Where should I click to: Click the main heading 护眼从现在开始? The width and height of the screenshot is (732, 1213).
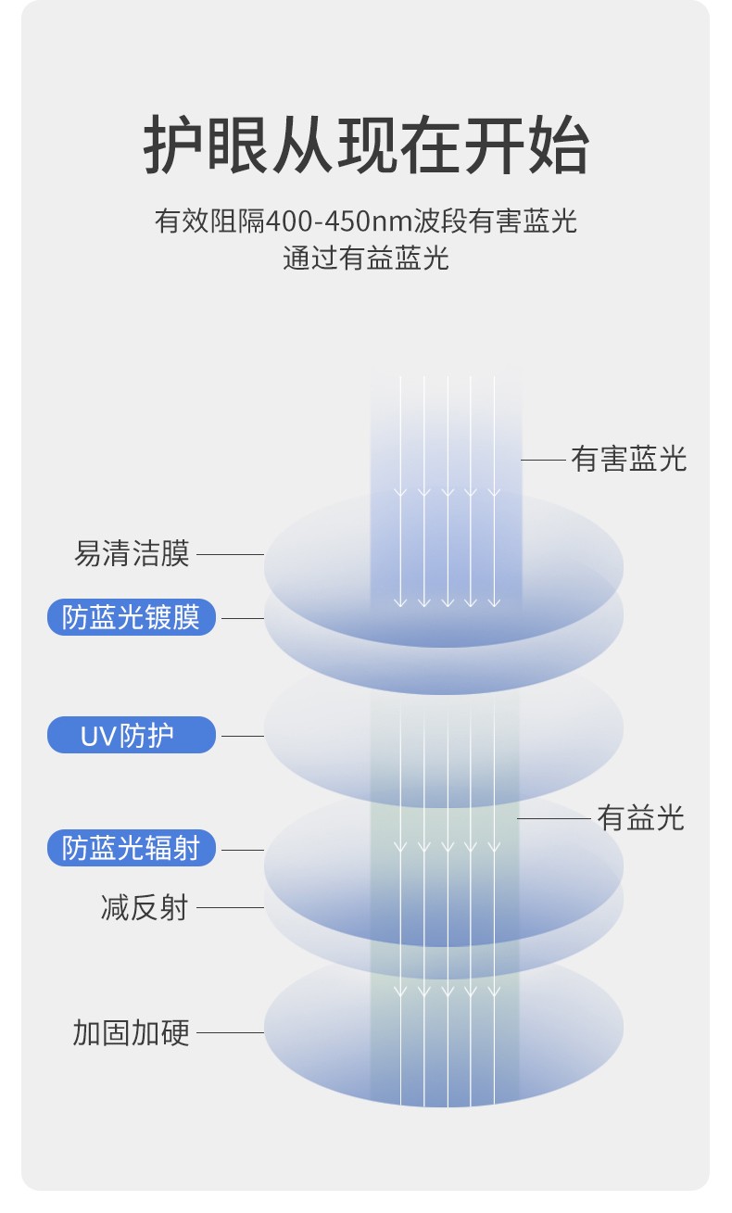point(366,145)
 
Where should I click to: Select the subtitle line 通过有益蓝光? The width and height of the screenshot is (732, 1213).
point(366,258)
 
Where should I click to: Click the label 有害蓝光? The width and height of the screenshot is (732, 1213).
point(628,460)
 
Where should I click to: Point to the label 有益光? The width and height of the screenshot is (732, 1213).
point(640,817)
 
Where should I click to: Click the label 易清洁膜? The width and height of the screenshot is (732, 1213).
point(132,553)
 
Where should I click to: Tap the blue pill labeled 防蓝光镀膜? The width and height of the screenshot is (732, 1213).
point(132,617)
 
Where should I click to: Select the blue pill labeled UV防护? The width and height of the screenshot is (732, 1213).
point(132,735)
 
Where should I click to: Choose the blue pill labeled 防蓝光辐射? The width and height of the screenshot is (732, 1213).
point(132,848)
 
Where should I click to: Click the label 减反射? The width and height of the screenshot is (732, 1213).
point(145,907)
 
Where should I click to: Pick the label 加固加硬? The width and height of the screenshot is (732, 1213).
point(132,1032)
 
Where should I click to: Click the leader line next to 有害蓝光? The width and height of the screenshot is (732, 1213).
point(543,461)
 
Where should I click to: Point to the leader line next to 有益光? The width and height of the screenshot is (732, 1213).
point(554,818)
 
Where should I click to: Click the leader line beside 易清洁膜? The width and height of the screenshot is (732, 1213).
point(230,554)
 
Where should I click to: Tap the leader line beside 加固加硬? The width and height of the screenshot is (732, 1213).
point(230,1032)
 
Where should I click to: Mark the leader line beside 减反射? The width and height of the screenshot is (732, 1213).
point(230,907)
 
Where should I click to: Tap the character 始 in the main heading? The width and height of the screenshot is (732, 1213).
point(559,145)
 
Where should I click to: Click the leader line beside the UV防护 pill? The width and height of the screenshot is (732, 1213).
point(243,736)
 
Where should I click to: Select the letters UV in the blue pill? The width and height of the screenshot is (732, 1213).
point(98,736)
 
